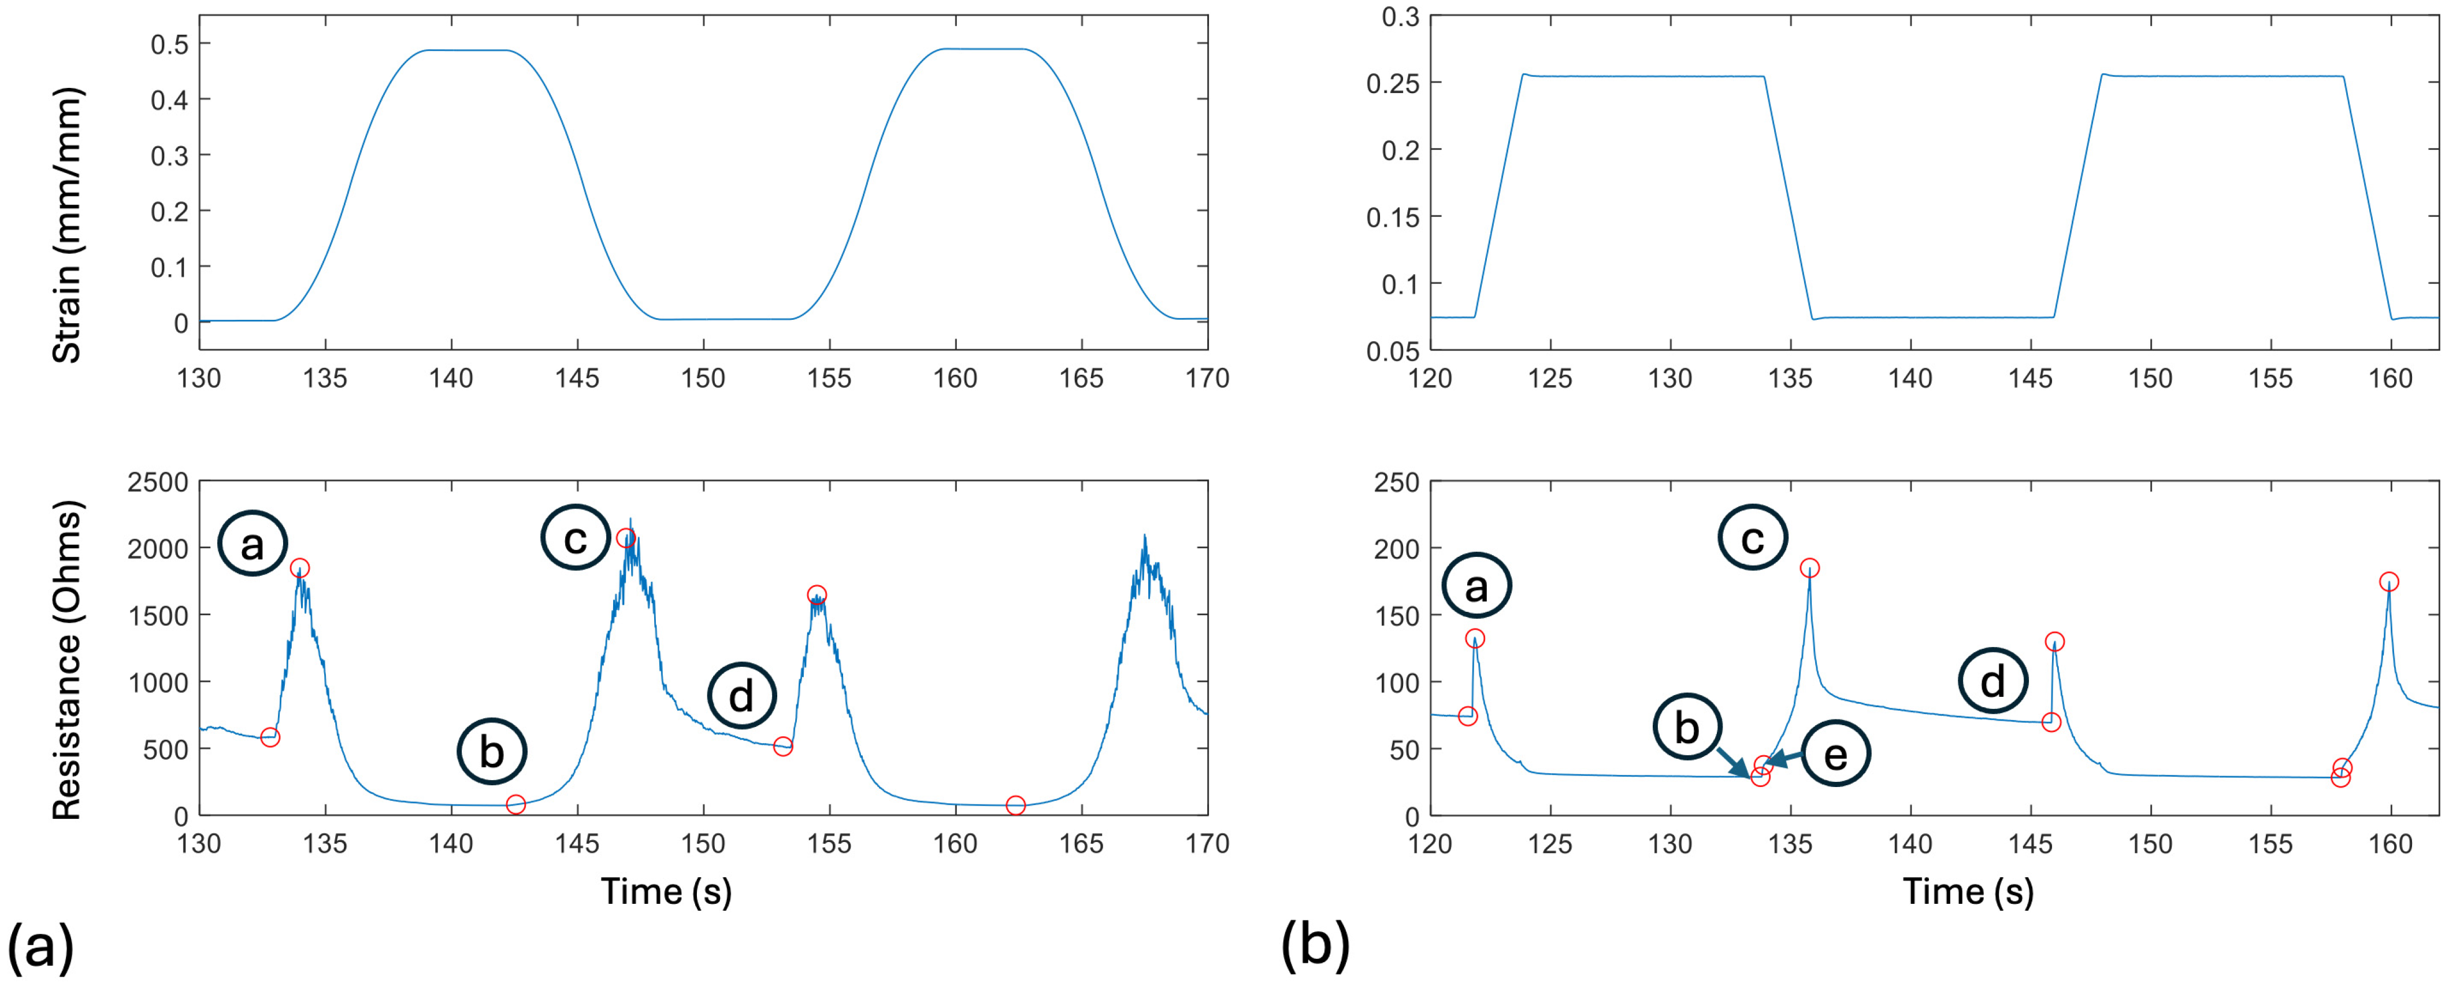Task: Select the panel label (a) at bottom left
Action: (40, 947)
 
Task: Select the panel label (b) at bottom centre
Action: (1315, 947)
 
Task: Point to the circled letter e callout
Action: (1835, 754)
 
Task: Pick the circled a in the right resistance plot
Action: (1475, 587)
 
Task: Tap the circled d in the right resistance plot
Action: (1992, 681)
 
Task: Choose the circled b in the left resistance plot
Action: (492, 751)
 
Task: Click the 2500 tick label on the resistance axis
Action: (158, 482)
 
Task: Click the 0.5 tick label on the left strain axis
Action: (169, 44)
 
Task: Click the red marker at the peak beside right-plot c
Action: (1809, 568)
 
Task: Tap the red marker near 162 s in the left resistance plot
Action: (1015, 806)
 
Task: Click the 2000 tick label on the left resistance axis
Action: (158, 549)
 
